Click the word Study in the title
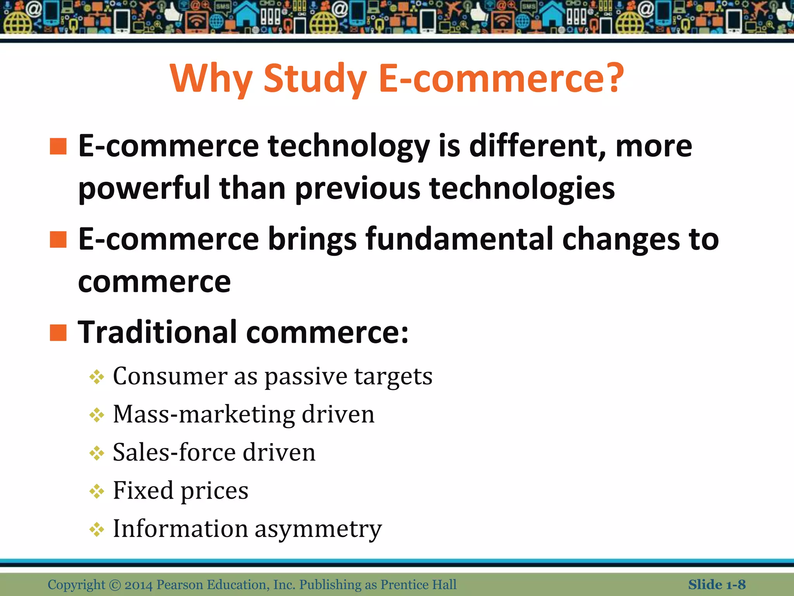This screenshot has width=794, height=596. [x=315, y=80]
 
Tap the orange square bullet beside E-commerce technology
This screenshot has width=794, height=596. [x=58, y=146]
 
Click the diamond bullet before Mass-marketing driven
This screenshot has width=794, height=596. [x=97, y=415]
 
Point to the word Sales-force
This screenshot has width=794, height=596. [x=174, y=452]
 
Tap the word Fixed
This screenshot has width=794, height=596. [x=143, y=490]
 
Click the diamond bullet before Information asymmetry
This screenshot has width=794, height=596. [x=97, y=529]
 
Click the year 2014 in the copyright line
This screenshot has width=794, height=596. [x=138, y=585]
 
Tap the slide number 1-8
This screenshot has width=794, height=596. [x=736, y=585]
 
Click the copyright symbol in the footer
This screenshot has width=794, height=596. [x=115, y=585]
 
